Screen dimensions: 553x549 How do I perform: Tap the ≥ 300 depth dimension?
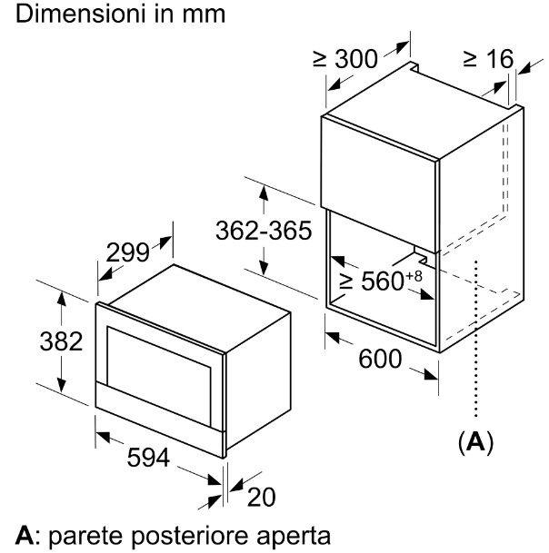click(x=347, y=61)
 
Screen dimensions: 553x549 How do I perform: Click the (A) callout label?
click(x=476, y=443)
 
